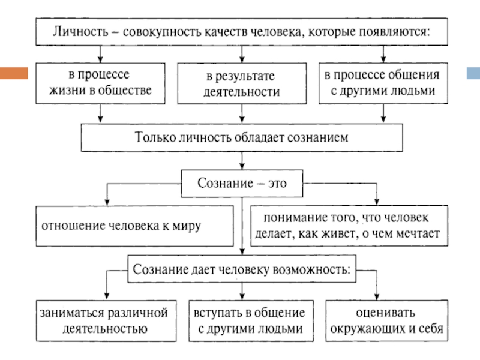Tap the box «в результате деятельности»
[242, 84]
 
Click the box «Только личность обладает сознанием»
[241, 137]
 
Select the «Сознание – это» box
[242, 183]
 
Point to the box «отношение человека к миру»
[134, 226]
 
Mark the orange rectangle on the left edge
[14, 73]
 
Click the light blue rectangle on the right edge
[473, 73]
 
